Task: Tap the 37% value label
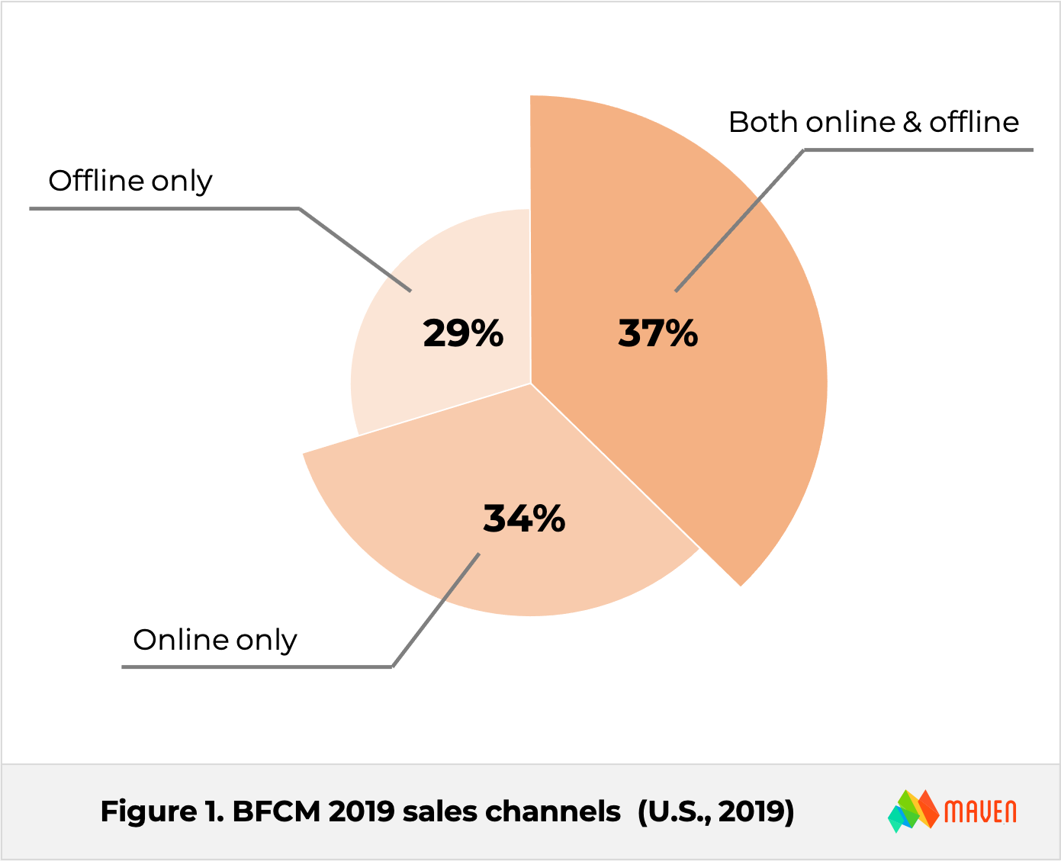pyautogui.click(x=657, y=333)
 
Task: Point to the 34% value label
pyautogui.click(x=524, y=519)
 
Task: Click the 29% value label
pyautogui.click(x=463, y=333)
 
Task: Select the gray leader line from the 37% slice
pyautogui.click(x=915, y=151)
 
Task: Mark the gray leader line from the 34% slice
pyautogui.click(x=259, y=667)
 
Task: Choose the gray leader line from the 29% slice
pyautogui.click(x=168, y=208)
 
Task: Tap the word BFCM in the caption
pyautogui.click(x=275, y=811)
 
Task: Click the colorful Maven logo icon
pyautogui.click(x=913, y=811)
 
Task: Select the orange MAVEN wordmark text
pyautogui.click(x=980, y=811)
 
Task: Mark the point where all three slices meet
pyautogui.click(x=531, y=383)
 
